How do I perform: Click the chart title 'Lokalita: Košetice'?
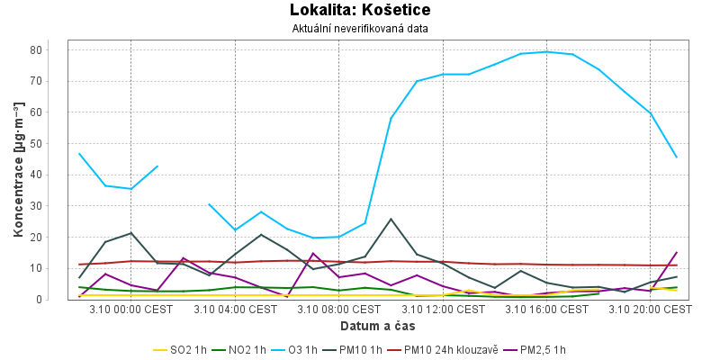pos(360,11)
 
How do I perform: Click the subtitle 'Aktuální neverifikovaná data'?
pos(360,29)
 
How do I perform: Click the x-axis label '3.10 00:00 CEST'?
pos(131,310)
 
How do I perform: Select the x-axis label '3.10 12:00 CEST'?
pos(443,310)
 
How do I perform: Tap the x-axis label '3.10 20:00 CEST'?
pos(650,310)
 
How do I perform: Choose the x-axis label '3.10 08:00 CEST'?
pos(339,310)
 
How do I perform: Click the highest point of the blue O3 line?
pos(546,51)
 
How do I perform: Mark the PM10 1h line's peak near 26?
pos(391,219)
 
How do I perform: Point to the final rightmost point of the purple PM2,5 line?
pos(676,252)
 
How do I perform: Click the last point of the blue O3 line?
pos(676,157)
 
